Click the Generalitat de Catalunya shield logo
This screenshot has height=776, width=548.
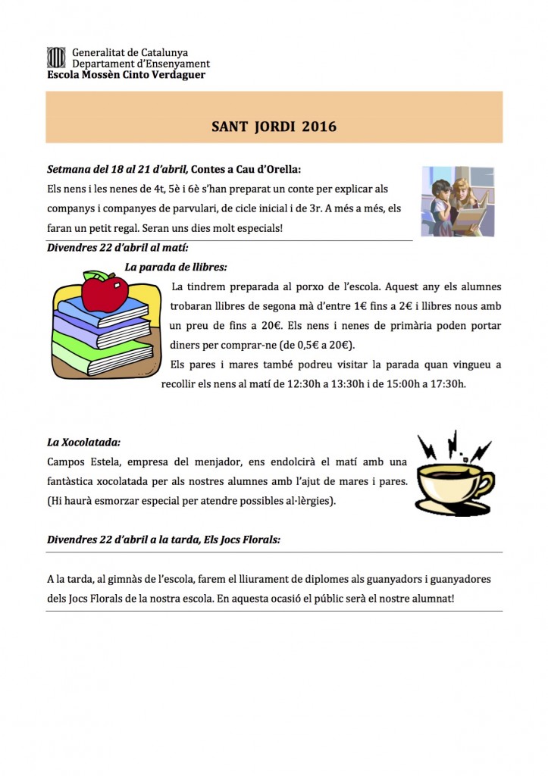(56, 57)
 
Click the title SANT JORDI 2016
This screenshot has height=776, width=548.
(274, 127)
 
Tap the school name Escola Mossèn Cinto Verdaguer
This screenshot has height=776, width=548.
(126, 75)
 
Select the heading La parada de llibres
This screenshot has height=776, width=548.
(176, 267)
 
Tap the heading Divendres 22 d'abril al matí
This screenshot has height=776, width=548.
(117, 247)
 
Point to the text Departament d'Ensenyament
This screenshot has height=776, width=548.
(141, 64)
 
